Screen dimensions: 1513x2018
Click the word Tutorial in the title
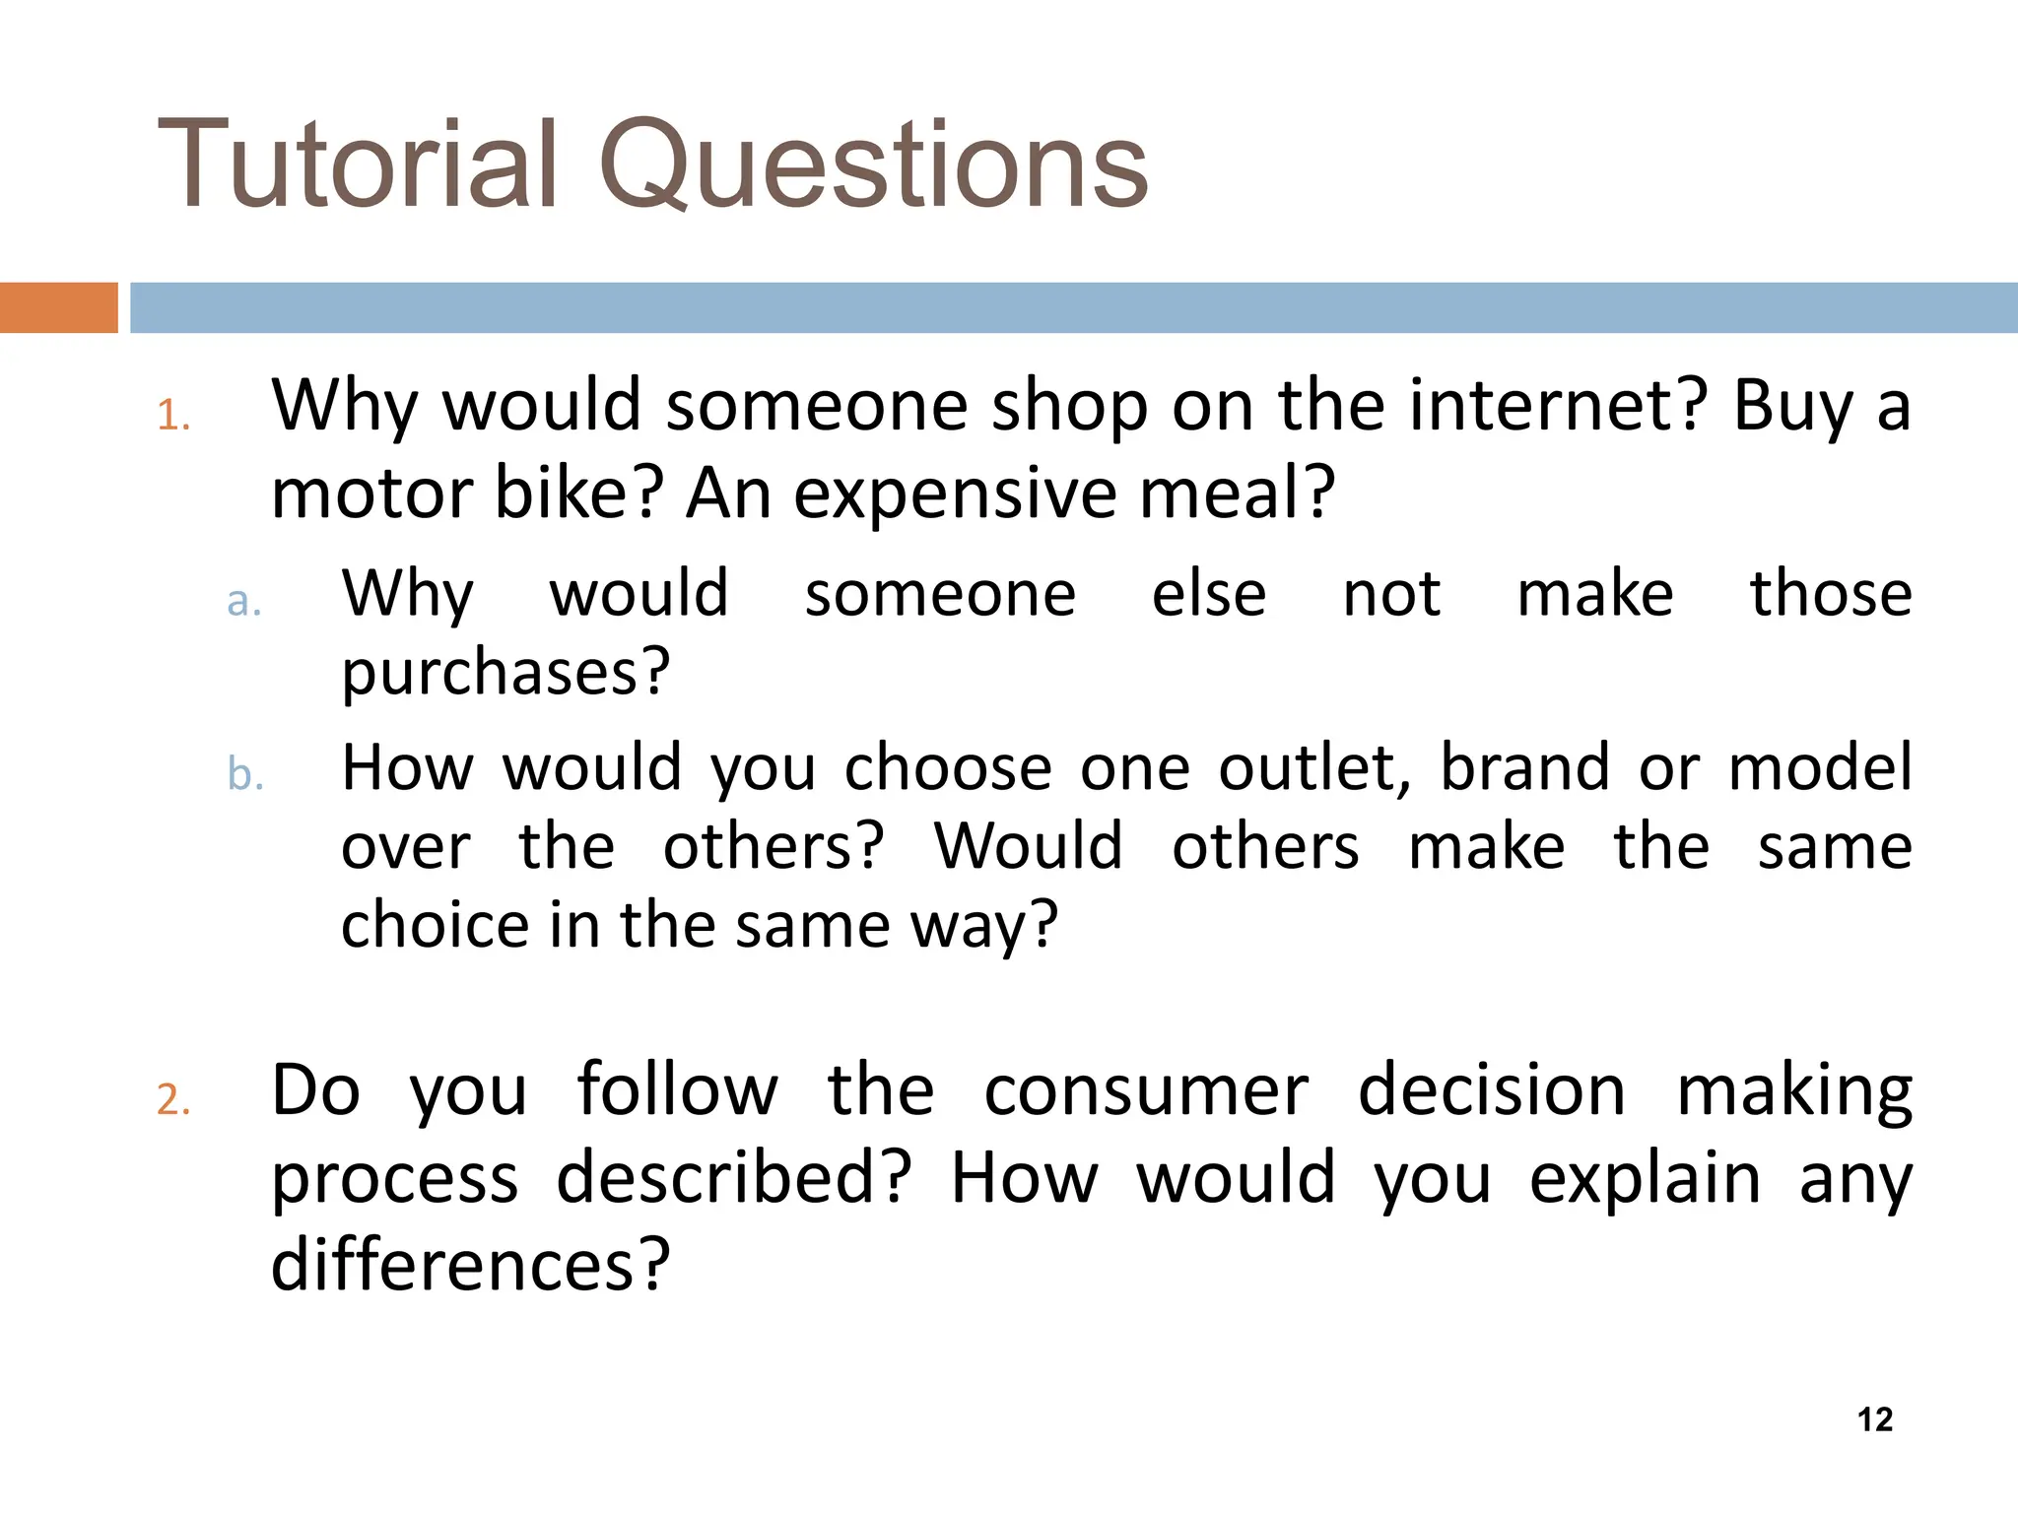tap(358, 165)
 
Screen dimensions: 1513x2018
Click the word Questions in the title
tap(873, 165)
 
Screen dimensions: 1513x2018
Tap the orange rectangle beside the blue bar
tap(58, 307)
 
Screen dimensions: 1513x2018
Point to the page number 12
tap(1874, 1419)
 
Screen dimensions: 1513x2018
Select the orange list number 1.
tap(172, 416)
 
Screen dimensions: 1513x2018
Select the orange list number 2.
tap(172, 1099)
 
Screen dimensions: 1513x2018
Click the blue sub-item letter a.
tap(243, 601)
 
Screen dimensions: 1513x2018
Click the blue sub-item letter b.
tap(244, 774)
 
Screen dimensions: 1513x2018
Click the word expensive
tap(954, 493)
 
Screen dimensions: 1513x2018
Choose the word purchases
tap(504, 673)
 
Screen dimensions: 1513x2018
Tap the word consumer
tap(1146, 1090)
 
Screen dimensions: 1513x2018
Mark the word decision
tap(1491, 1090)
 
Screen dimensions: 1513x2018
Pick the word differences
tap(470, 1265)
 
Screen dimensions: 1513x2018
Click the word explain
tap(1644, 1178)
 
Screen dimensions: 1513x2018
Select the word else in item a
tap(1209, 594)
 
